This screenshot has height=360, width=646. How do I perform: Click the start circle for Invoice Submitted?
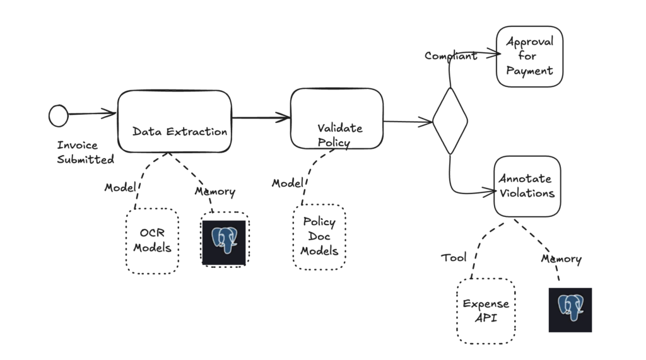click(x=58, y=115)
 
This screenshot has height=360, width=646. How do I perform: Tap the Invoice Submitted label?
click(x=85, y=153)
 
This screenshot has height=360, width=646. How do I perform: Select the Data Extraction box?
click(x=174, y=121)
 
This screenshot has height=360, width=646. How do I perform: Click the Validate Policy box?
click(x=336, y=119)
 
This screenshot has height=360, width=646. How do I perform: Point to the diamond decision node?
click(x=450, y=120)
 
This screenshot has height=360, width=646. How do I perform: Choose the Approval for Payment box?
click(x=529, y=56)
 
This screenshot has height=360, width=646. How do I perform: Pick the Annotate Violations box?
click(x=527, y=186)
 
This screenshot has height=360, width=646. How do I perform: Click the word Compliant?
click(x=450, y=56)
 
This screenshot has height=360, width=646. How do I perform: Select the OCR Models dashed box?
click(x=152, y=241)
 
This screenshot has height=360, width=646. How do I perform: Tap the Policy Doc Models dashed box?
click(x=319, y=236)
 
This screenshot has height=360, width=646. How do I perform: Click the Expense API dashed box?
click(x=486, y=311)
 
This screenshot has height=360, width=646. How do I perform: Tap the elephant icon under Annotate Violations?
click(x=570, y=310)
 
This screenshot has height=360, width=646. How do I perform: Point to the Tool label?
click(x=454, y=257)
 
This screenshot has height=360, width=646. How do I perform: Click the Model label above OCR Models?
click(x=119, y=188)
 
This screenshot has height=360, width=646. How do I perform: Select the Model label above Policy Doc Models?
click(x=287, y=183)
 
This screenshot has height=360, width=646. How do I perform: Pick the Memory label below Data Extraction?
click(x=214, y=192)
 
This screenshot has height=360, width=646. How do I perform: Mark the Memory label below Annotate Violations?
click(x=561, y=258)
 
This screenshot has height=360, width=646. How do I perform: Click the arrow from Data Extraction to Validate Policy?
click(x=261, y=117)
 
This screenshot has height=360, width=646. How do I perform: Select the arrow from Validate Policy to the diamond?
click(x=408, y=122)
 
